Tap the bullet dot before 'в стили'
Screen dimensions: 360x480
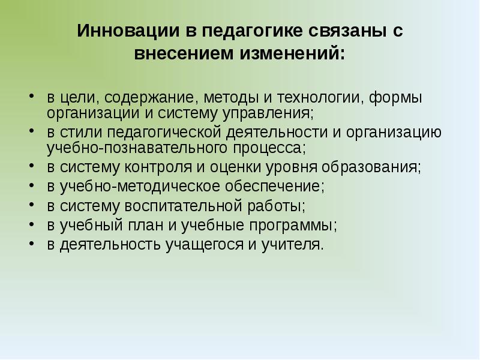pyautogui.click(x=31, y=133)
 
